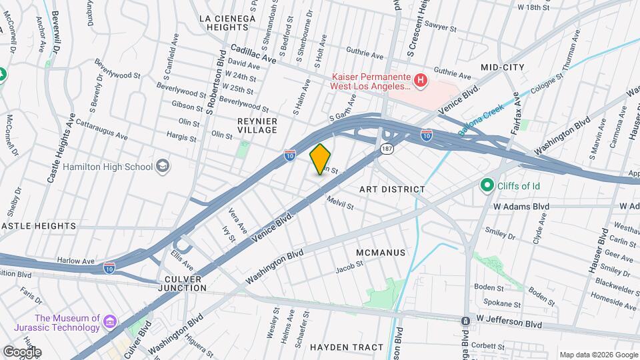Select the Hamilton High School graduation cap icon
click(162, 165)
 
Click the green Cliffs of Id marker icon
click(487, 185)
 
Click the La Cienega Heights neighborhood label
click(227, 23)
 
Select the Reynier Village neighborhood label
click(257, 125)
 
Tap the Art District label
click(392, 189)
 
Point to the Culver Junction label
click(182, 282)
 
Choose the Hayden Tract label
click(347, 347)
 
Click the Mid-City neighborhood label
click(503, 67)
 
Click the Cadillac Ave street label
click(253, 54)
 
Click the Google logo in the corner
click(22, 351)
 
